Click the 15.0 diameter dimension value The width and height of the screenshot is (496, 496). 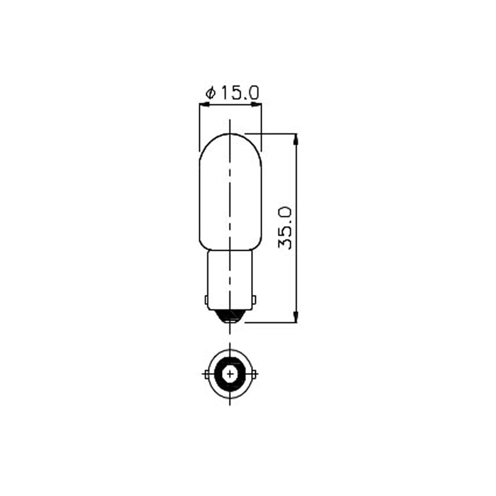pos(240,93)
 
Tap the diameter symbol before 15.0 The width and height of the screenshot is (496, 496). pos(211,94)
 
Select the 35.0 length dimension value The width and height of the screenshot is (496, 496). pos(285,228)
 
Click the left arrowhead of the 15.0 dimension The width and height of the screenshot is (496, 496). pos(204,104)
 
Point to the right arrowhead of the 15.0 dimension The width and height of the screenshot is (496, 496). pos(257,104)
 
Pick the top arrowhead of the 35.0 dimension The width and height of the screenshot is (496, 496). pos(296,139)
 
